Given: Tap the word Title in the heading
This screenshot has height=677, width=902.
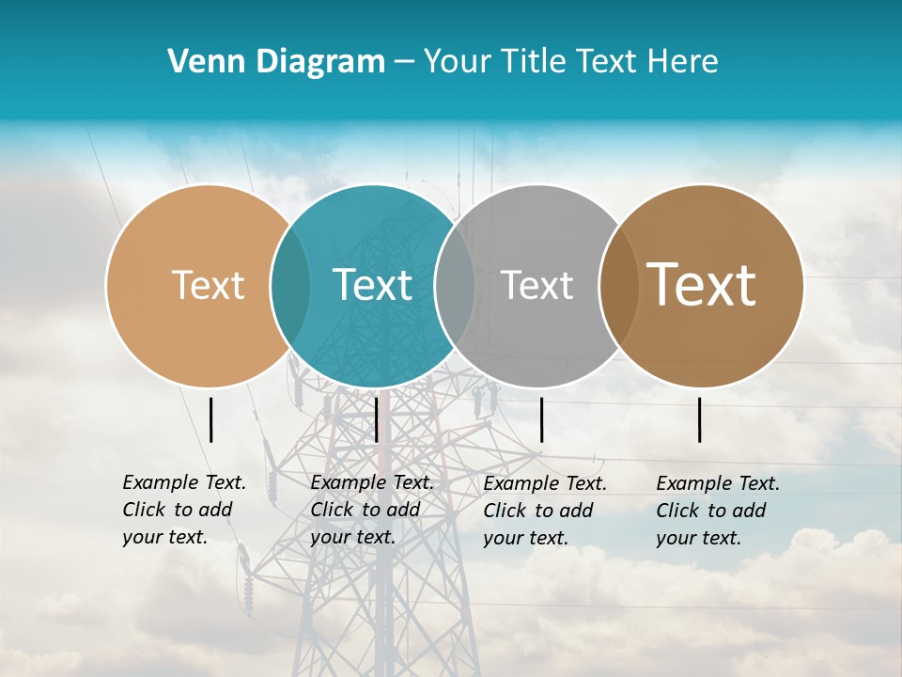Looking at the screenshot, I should point(536,62).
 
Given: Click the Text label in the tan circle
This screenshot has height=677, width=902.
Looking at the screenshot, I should point(208,285).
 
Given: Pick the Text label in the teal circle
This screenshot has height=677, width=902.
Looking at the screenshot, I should point(372,285).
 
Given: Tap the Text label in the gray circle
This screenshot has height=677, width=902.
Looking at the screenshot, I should point(537,285).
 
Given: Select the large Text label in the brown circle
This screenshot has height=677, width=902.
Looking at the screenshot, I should point(702,285).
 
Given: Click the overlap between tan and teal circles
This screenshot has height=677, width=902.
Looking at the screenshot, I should point(290,285).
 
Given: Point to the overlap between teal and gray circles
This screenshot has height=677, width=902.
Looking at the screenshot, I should point(455,285).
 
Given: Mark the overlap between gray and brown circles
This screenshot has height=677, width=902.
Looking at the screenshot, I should point(618,285).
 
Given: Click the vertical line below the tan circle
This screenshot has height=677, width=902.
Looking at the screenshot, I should point(211,419).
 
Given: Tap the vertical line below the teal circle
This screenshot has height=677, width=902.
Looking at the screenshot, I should point(376,419).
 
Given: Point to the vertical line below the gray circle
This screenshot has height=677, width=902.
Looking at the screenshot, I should point(541,419).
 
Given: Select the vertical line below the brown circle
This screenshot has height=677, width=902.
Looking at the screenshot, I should point(700,419).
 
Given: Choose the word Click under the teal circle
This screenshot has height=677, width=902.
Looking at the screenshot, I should point(333,510).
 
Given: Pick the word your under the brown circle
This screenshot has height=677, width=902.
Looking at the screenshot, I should point(676,538).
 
